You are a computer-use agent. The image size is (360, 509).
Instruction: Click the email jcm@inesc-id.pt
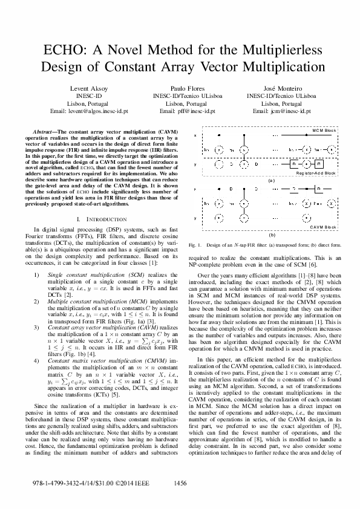click(x=282, y=112)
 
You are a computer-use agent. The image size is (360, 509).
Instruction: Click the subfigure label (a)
click(x=272, y=180)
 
